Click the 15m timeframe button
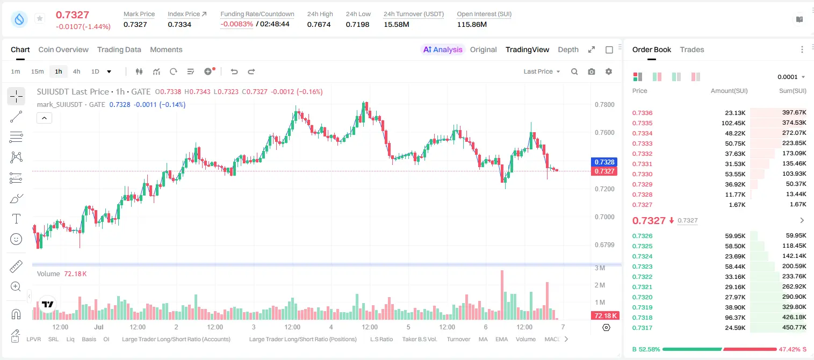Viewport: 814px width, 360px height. [38, 71]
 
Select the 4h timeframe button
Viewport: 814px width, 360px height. [76, 71]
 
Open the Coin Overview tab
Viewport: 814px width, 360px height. [63, 49]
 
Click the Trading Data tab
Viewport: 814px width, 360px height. [119, 49]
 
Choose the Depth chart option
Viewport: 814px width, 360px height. [568, 49]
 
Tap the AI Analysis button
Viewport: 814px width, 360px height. [443, 49]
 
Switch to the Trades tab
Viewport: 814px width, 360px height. [692, 49]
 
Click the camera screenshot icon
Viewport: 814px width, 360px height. [592, 71]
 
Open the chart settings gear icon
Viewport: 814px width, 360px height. [609, 71]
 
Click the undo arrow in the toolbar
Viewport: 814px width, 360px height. [234, 71]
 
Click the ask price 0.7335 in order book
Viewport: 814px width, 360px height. [642, 123]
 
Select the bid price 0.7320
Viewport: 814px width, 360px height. [642, 297]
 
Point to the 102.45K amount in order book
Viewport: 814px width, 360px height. [733, 123]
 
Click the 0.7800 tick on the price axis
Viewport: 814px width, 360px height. [604, 105]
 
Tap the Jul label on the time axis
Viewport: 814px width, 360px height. [99, 327]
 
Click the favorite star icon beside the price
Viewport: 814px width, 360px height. [40, 18]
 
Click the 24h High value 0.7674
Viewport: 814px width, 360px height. [319, 24]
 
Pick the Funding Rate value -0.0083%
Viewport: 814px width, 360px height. [236, 24]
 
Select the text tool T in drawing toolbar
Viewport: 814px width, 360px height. [16, 219]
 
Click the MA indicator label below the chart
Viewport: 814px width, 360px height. [483, 339]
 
